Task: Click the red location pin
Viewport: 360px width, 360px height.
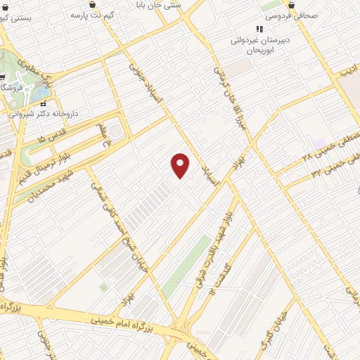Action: point(181,165)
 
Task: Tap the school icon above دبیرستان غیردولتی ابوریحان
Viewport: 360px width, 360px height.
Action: point(259,29)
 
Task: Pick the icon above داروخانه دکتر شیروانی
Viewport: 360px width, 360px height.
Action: point(44,103)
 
